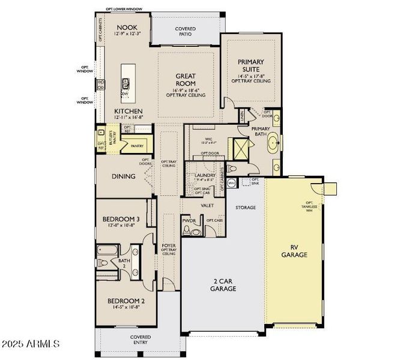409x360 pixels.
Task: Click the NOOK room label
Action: pyautogui.click(x=127, y=27)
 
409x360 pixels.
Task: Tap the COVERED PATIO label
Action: pyautogui.click(x=185, y=31)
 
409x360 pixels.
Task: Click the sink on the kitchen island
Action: pyautogui.click(x=127, y=81)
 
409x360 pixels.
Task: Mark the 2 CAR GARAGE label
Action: pyautogui.click(x=223, y=284)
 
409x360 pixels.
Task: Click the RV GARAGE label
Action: pyautogui.click(x=294, y=251)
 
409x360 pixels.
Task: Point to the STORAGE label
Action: pyautogui.click(x=245, y=208)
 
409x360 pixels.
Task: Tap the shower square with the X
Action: pyautogui.click(x=240, y=147)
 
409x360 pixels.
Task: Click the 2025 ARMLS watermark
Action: pyautogui.click(x=30, y=344)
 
